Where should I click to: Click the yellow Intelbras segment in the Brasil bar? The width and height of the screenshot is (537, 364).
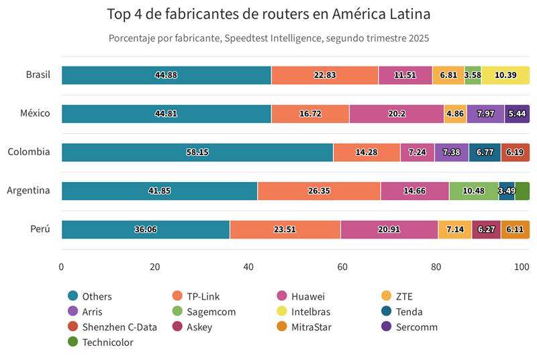pos(505,75)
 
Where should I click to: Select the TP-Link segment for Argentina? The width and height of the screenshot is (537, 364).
pos(319,191)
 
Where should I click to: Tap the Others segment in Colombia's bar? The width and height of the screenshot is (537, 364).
pos(197,152)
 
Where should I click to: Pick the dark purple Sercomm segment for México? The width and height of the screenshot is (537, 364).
pos(517,113)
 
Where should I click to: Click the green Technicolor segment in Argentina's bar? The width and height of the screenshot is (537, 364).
pos(522,191)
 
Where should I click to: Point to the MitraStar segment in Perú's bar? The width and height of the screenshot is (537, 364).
pos(515,230)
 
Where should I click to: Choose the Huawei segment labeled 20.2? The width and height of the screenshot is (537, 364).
pos(396,113)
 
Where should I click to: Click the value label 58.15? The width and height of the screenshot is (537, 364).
pos(197,152)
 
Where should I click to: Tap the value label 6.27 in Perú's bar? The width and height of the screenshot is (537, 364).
pos(486,230)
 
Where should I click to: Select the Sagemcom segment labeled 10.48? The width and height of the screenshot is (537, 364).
pos(473,191)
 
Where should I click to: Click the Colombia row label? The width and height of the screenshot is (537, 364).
pos(29,152)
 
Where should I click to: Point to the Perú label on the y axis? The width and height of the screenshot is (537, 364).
pos(40,229)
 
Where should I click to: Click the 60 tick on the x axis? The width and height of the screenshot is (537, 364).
pos(342,267)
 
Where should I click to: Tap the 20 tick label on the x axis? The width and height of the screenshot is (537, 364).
pos(155,267)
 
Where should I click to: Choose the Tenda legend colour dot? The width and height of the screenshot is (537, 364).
pos(387,312)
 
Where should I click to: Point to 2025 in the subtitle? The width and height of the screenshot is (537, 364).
pos(417,38)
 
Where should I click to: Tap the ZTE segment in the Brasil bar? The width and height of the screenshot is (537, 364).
pos(448,75)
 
